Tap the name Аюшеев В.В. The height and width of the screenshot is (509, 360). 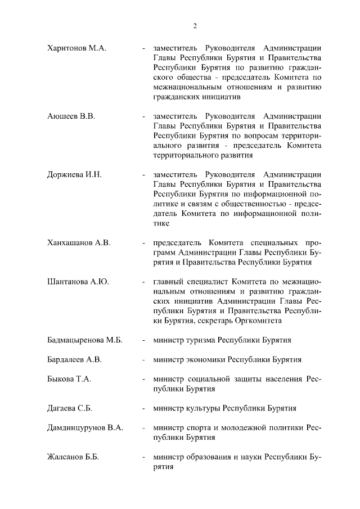click(71, 116)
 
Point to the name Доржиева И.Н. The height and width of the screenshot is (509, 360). click(74, 175)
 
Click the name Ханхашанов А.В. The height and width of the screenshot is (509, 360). click(79, 243)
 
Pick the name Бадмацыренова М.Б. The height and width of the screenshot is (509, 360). click(85, 340)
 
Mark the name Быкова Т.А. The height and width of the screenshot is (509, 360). click(69, 379)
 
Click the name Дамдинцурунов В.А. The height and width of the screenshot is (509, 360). click(85, 428)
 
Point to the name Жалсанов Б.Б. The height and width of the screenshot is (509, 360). click(73, 457)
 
